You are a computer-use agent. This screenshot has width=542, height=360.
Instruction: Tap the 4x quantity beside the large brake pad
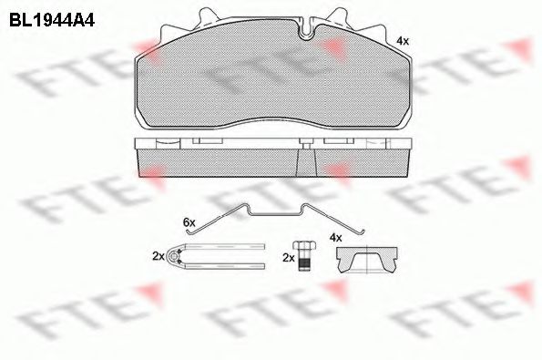click(403, 41)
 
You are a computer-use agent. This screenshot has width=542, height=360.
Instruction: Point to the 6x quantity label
click(189, 221)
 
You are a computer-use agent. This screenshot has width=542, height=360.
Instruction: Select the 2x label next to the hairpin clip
click(159, 257)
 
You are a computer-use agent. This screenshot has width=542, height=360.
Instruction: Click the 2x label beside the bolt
click(289, 258)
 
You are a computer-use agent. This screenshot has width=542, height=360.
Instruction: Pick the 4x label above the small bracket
click(335, 237)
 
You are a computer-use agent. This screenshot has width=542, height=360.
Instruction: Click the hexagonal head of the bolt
click(304, 246)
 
